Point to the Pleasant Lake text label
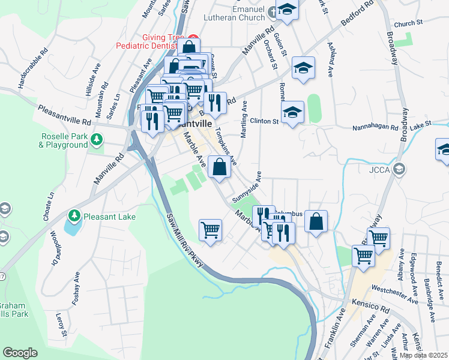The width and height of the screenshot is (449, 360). tap(109, 216)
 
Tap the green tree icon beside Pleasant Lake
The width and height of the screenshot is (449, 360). tap(74, 215)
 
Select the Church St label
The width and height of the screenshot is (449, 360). tap(408, 23)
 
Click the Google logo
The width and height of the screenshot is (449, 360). tap(20, 353)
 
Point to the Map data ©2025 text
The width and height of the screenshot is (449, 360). tap(423, 355)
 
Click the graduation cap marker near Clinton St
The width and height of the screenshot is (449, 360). tap(292, 112)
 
